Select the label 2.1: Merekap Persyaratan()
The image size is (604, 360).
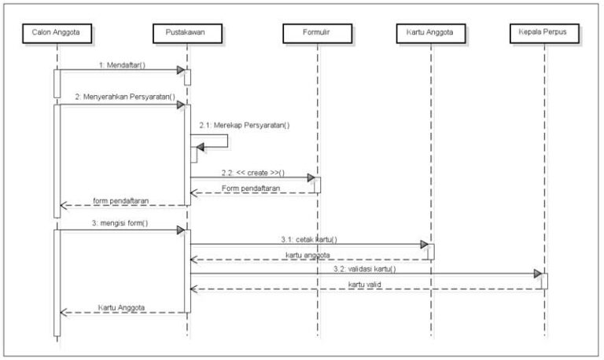point(245,125)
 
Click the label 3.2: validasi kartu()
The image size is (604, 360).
point(364,269)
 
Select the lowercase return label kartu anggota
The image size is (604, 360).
point(307,254)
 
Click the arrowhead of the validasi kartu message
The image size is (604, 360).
point(539,274)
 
